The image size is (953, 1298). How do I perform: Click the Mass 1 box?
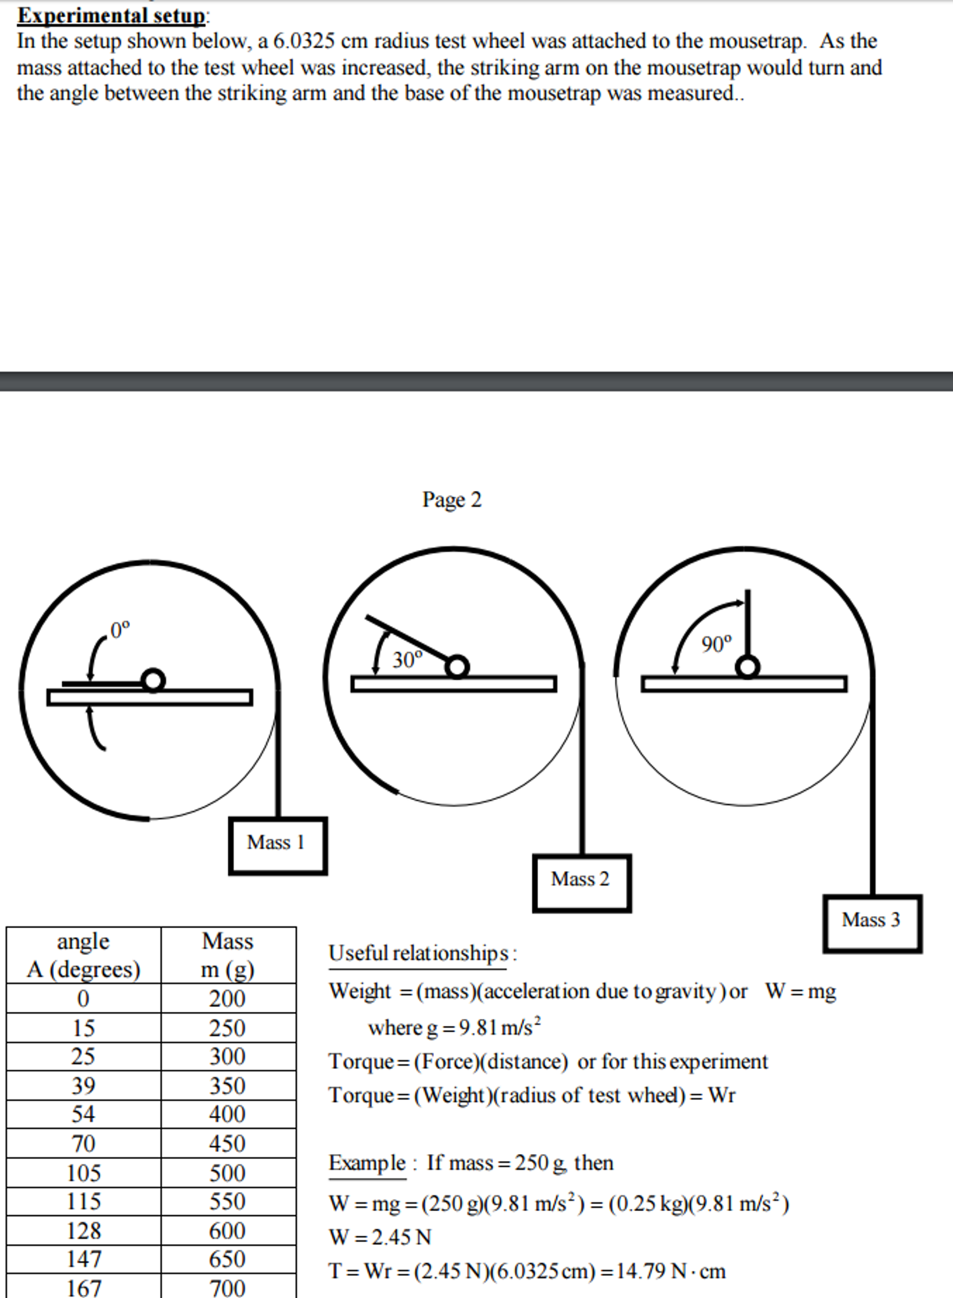coord(278,846)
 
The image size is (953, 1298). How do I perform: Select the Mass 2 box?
coord(582,883)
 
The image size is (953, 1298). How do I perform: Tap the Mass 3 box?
coord(872,924)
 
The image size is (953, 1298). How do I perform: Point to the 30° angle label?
coord(407,660)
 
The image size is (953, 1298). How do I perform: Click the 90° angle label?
coord(716,645)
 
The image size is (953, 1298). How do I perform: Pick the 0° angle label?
coord(119,631)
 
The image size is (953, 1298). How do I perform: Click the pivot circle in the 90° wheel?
coord(748,667)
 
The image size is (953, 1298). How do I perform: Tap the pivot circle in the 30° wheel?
coord(457,667)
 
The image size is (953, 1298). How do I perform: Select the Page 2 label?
coord(452,500)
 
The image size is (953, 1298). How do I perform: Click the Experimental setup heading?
coord(112,15)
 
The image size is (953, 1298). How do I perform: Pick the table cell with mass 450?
coord(227,1143)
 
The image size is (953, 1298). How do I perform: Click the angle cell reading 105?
coord(84,1172)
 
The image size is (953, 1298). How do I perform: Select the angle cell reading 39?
coord(84,1085)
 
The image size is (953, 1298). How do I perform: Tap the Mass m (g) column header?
coord(227,955)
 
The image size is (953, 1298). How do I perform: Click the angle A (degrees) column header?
coord(84,955)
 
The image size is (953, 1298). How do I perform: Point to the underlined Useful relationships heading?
coord(419,954)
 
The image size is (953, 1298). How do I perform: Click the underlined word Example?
coord(367,1163)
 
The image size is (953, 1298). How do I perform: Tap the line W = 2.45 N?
coord(379,1237)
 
